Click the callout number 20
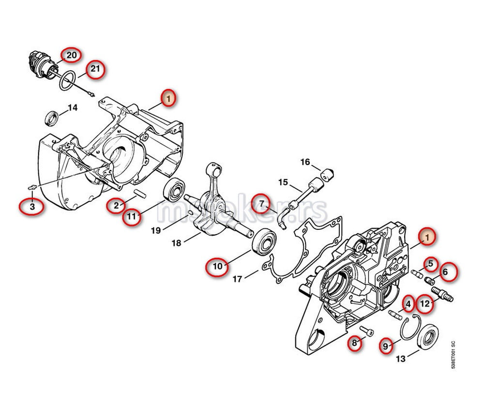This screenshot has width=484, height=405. (x=71, y=56)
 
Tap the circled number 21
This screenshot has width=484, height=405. (x=96, y=69)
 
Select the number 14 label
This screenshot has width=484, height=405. (x=72, y=107)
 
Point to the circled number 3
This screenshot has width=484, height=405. (x=32, y=207)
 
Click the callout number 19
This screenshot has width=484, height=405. (x=156, y=230)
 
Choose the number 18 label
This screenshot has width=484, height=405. (x=176, y=243)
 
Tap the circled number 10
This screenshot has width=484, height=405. (x=217, y=266)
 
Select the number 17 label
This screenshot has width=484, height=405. (x=238, y=279)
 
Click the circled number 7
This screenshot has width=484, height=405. (x=262, y=203)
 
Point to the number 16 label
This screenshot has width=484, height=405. (x=305, y=162)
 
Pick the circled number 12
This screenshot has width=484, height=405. (x=425, y=303)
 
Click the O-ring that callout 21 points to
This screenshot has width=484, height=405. (x=68, y=80)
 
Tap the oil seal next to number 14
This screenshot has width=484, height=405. (x=50, y=118)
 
